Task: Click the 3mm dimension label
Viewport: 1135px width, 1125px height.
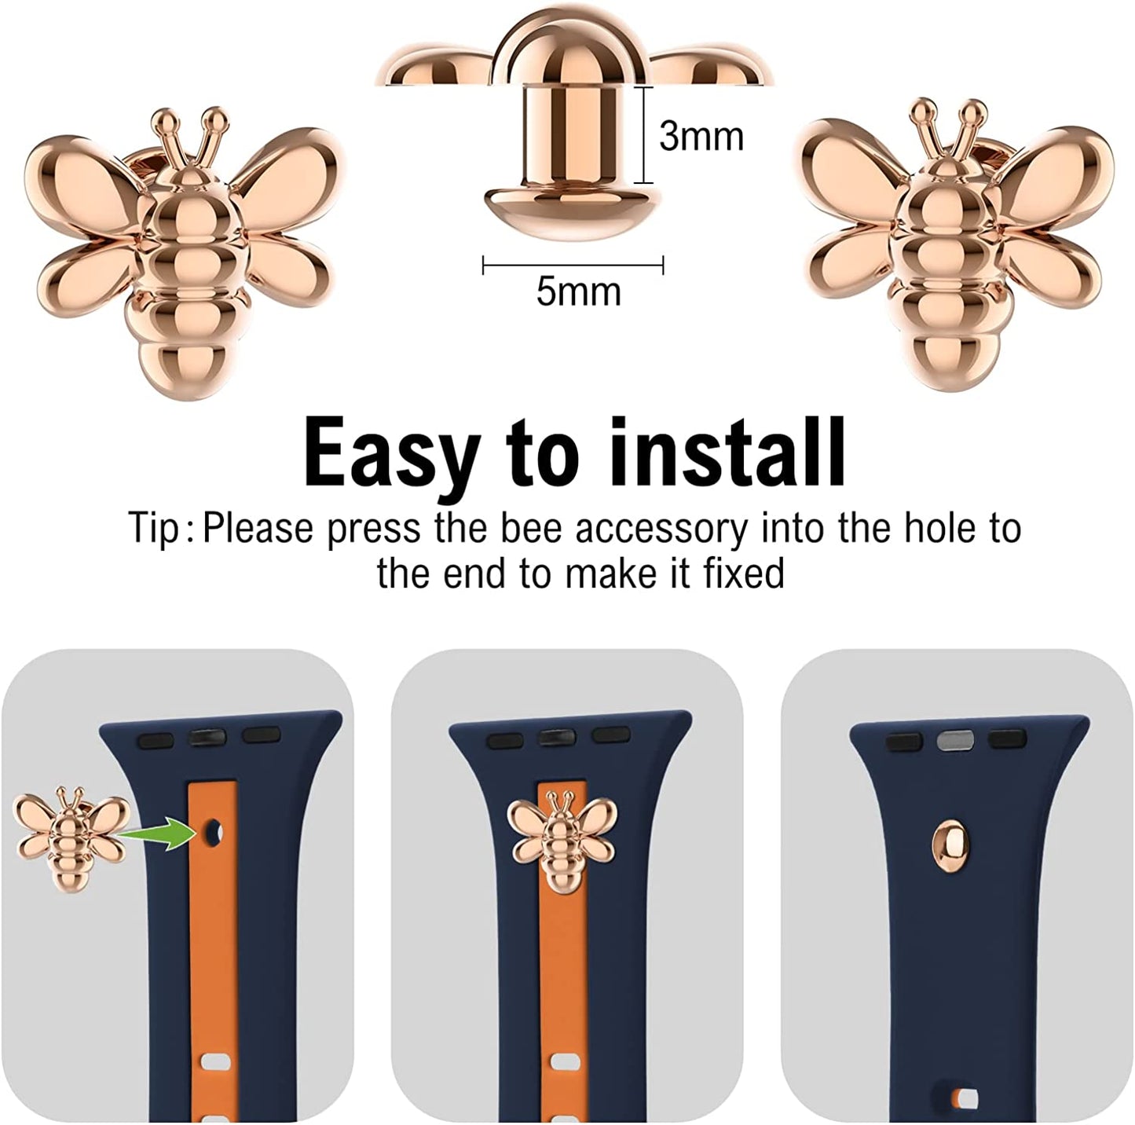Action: pyautogui.click(x=701, y=137)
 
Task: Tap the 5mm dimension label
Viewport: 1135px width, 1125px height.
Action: pyautogui.click(x=578, y=291)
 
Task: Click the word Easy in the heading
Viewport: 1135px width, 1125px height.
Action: pyautogui.click(x=389, y=455)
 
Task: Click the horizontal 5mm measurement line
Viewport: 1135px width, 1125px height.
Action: pyautogui.click(x=573, y=266)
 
